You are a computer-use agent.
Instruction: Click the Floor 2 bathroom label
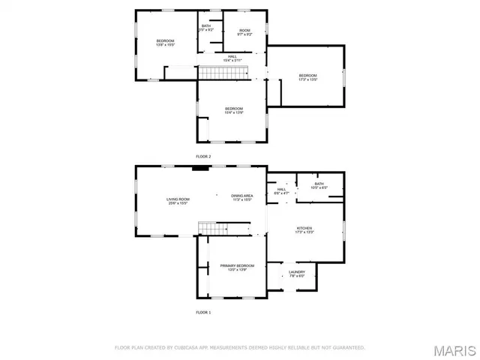tap(206, 27)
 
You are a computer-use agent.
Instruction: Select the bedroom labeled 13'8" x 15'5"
tap(165, 43)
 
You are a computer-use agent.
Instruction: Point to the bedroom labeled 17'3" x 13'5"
tap(308, 77)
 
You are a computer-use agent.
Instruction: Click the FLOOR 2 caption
tap(203, 156)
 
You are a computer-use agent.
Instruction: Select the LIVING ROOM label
tap(178, 200)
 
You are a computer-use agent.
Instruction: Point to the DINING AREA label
tap(242, 197)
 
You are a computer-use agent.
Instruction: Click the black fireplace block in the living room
tap(199, 169)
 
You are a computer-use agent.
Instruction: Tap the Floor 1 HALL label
tap(282, 191)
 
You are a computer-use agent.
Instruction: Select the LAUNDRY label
tap(296, 273)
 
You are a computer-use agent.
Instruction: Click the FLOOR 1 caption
tap(203, 311)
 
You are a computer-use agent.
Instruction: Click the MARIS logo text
tap(454, 349)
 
